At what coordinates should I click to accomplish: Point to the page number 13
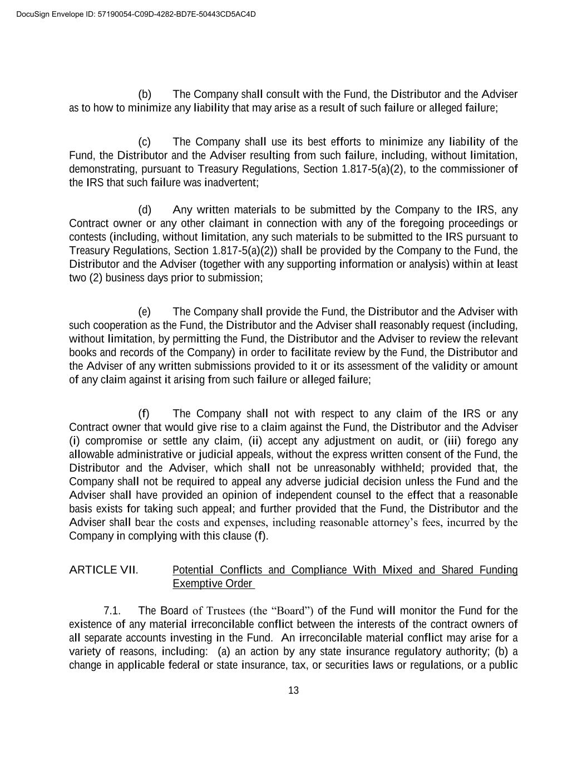click(x=293, y=690)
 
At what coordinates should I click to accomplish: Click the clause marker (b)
click(x=145, y=94)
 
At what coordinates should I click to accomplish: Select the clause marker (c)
click(x=145, y=142)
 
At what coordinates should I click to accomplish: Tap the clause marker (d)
click(x=145, y=210)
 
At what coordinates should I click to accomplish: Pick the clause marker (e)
click(x=145, y=312)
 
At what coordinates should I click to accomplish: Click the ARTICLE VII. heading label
click(x=103, y=570)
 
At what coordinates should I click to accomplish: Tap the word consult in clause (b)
click(x=284, y=94)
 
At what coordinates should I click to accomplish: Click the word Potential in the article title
click(x=193, y=570)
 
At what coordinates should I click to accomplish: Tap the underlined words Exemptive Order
click(x=213, y=584)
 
